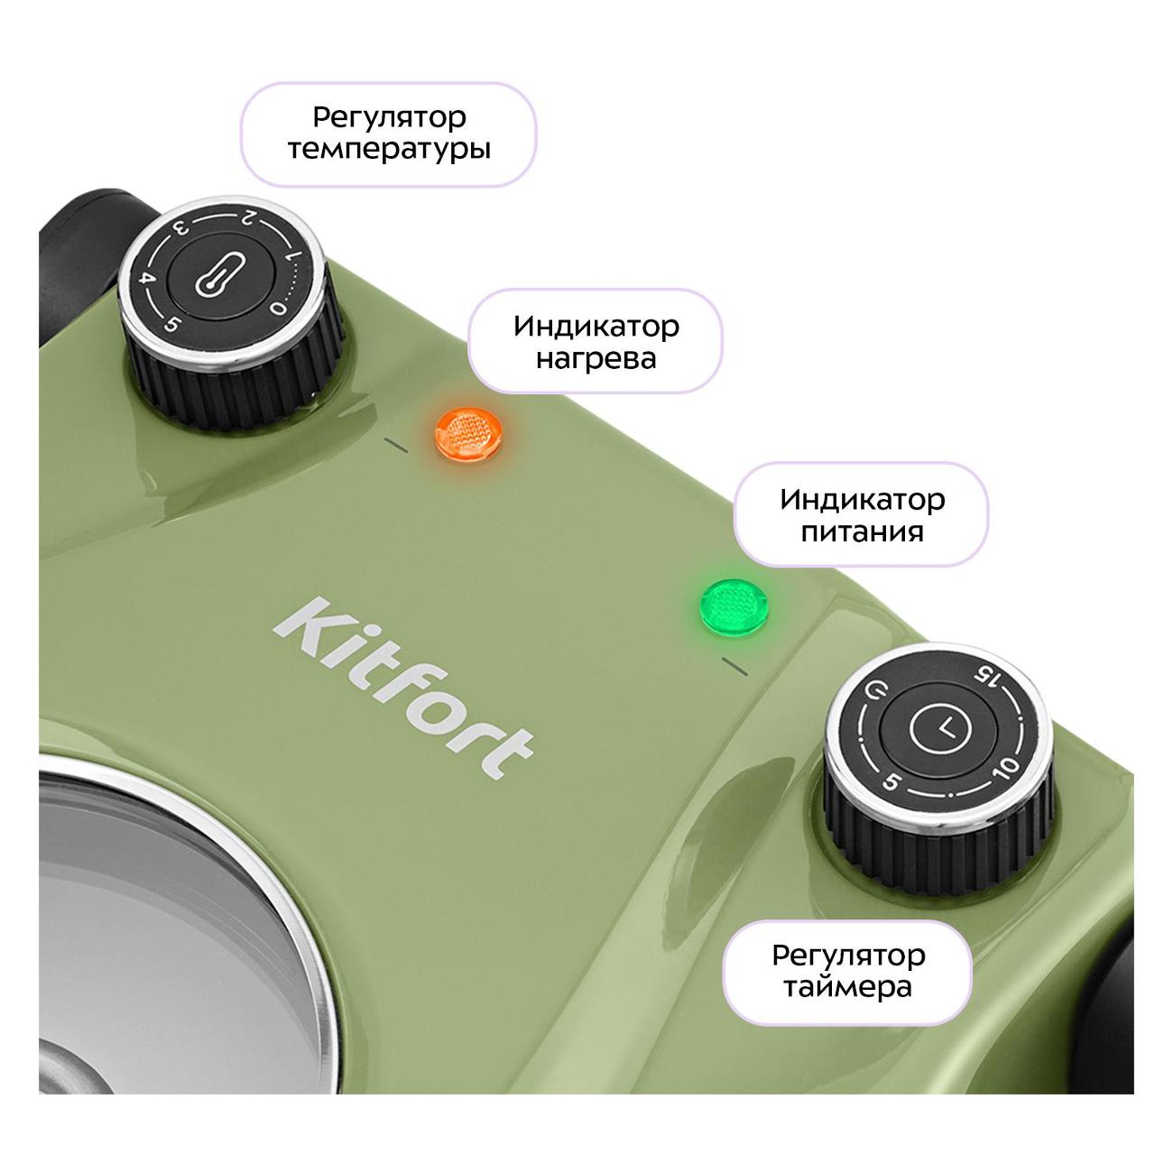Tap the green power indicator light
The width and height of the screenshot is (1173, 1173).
point(734,607)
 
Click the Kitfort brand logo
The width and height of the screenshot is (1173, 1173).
point(403,688)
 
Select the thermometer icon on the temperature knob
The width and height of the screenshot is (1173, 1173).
point(220,274)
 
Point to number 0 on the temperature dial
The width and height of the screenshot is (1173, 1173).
point(279,309)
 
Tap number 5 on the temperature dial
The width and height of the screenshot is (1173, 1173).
point(171,326)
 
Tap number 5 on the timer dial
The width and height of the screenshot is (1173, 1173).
point(891,781)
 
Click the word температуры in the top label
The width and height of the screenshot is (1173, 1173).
point(389,149)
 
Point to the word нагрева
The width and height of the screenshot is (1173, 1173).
point(596,358)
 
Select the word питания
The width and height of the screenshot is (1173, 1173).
point(862,531)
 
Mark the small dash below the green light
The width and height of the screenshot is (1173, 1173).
point(734,667)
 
